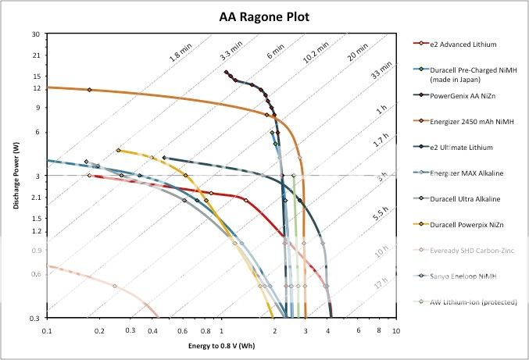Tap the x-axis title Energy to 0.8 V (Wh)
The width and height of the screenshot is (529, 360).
pos(220,344)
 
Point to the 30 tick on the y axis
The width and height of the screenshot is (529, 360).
pos(36,34)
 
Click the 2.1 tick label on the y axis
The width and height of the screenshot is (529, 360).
pos(35,198)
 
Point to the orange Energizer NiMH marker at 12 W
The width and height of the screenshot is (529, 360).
pos(89,90)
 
